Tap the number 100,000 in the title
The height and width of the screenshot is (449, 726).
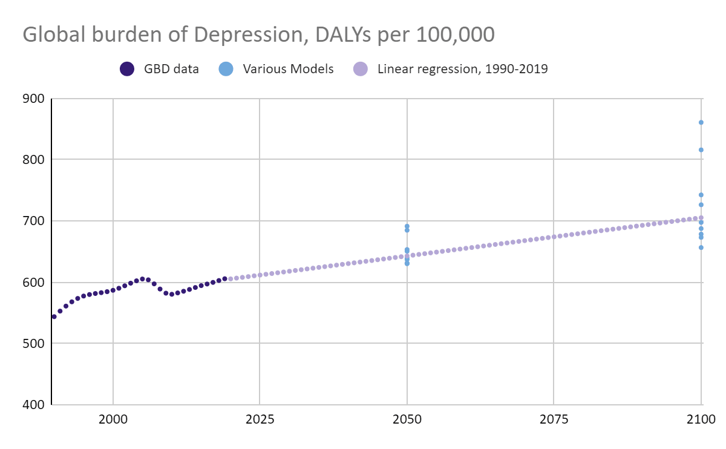point(456,34)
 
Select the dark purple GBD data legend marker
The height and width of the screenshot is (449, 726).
point(127,69)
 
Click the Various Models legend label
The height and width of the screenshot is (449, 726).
point(288,69)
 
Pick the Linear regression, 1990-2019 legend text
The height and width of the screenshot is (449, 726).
point(462,69)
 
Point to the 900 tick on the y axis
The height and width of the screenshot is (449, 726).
point(33,99)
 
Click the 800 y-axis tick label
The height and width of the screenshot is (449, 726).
point(33,160)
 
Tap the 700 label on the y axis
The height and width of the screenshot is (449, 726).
point(33,221)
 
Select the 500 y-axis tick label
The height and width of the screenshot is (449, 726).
point(33,343)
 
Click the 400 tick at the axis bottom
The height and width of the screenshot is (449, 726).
point(33,405)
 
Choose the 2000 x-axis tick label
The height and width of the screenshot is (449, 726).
point(113,419)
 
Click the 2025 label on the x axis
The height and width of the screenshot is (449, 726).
point(260,419)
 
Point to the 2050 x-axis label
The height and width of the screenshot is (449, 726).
point(407,419)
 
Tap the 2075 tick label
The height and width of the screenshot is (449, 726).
point(554,419)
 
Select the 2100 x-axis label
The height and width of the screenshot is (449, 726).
point(701,419)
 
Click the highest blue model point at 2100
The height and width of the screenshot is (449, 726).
point(701,123)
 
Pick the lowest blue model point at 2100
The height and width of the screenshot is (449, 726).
point(701,247)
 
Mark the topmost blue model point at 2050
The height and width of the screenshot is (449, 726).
point(407,226)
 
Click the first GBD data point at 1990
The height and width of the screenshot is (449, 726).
point(54,316)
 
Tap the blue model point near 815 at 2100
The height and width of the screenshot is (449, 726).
point(701,150)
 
